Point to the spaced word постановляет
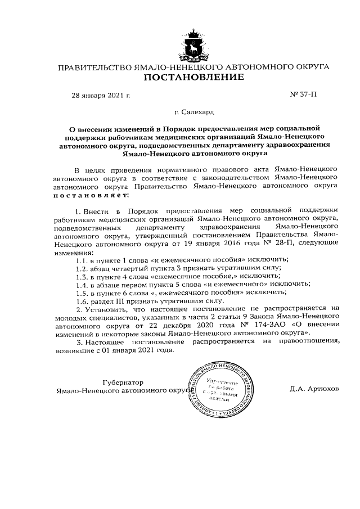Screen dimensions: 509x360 pos(90,195)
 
